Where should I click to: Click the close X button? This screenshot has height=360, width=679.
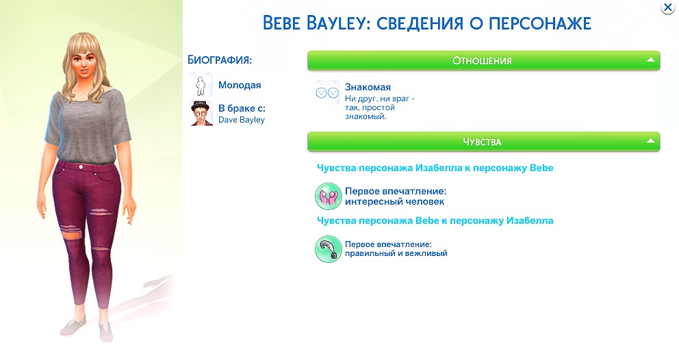pos(668,7)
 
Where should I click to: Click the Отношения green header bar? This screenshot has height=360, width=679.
pos(483,61)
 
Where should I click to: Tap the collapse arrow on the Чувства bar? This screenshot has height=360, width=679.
pos(650,141)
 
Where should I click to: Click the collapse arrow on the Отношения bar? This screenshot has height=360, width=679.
pos(650,60)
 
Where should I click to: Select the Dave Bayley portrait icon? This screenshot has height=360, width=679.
pos(201,114)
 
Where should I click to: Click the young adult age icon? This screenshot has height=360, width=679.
pos(201,85)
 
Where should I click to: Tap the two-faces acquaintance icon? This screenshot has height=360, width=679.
pos(327,92)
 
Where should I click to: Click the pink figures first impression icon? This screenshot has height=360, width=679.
pos(329,196)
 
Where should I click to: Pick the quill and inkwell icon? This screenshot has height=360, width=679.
pos(329,249)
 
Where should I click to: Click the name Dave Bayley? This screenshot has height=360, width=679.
pos(241,120)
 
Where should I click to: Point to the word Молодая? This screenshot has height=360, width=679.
pos(240,85)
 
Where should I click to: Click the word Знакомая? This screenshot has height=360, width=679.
pos(368,87)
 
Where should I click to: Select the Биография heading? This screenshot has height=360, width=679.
pos(220,60)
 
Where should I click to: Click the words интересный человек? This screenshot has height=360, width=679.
pos(394,201)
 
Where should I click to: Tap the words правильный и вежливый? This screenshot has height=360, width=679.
pos(396,253)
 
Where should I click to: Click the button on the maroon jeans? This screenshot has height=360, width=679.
pos(80,166)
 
